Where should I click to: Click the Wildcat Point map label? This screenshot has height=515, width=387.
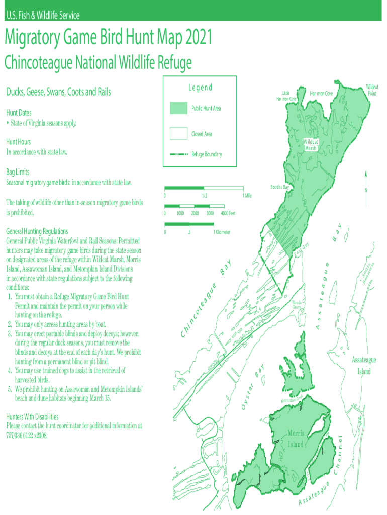(372, 90)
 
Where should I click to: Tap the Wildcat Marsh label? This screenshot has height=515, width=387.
(311, 145)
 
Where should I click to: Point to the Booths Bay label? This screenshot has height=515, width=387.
(280, 187)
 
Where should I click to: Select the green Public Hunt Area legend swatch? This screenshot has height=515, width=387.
(178, 108)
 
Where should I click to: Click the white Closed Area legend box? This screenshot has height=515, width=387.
(178, 134)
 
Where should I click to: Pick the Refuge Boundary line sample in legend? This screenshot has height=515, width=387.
(178, 154)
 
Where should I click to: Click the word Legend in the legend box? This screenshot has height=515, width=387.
(200, 88)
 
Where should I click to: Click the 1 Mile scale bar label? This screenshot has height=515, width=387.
(247, 196)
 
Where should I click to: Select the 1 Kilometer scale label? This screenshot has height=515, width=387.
(222, 232)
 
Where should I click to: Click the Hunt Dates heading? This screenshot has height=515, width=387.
(18, 113)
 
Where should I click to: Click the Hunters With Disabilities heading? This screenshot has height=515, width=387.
(32, 417)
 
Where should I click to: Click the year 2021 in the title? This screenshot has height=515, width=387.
(192, 38)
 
